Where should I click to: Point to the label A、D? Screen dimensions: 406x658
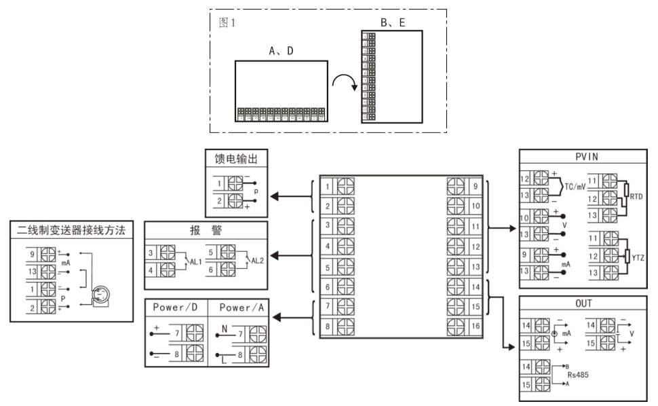(280, 50)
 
